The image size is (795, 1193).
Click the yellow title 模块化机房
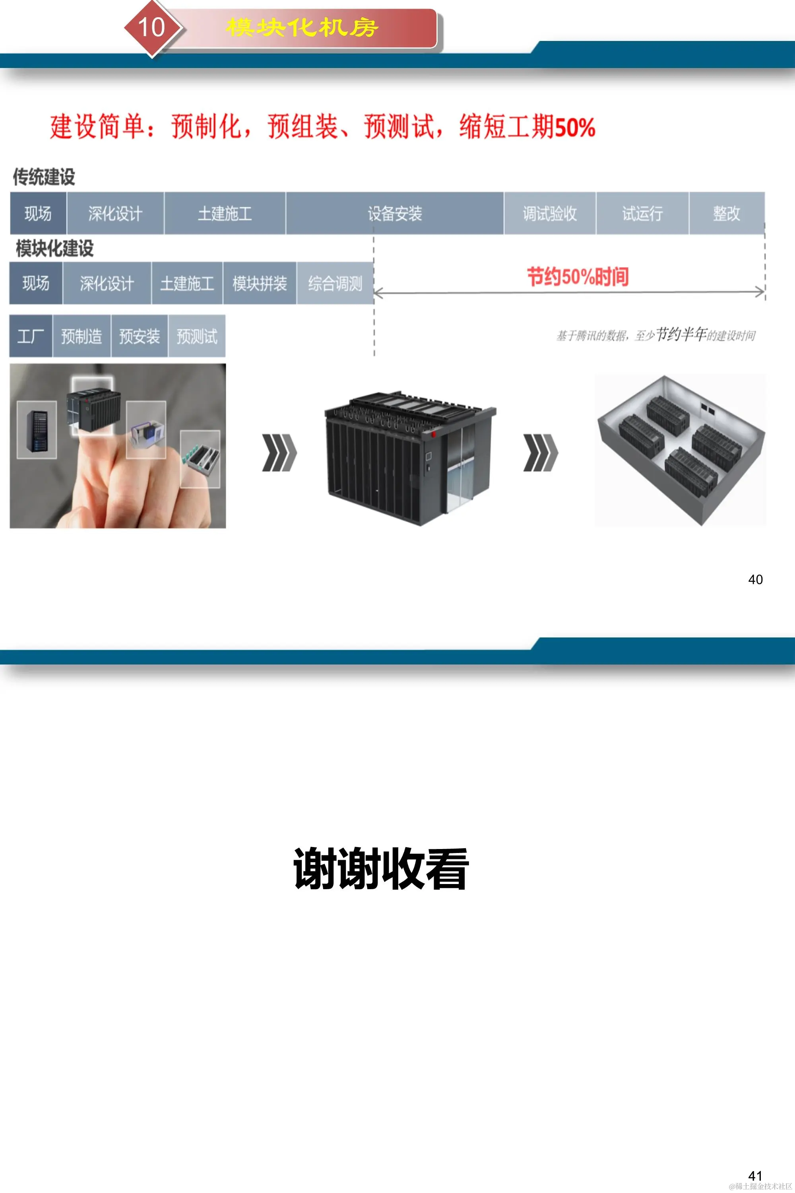[x=302, y=27]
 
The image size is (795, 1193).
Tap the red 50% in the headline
[x=574, y=127]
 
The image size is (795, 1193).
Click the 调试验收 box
[x=550, y=213]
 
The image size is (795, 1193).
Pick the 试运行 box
[x=642, y=213]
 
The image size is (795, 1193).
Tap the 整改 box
[x=727, y=213]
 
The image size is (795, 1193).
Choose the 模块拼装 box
[x=260, y=283]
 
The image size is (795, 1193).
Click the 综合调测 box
[x=335, y=283]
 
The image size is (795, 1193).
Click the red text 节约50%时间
[x=578, y=277]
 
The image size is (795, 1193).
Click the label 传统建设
[x=44, y=177]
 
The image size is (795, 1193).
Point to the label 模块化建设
[x=55, y=249]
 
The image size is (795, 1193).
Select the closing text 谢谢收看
[x=381, y=869]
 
